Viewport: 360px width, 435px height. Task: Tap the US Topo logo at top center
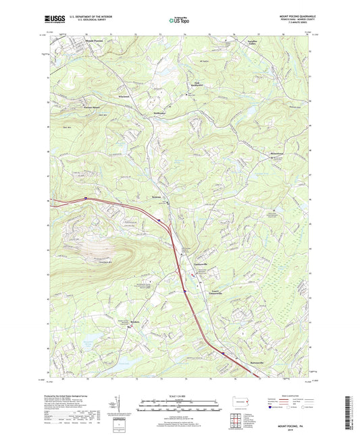click(x=178, y=21)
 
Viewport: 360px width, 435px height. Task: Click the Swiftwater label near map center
click(x=159, y=113)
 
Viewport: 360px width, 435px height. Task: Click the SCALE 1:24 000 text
click(x=178, y=395)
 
